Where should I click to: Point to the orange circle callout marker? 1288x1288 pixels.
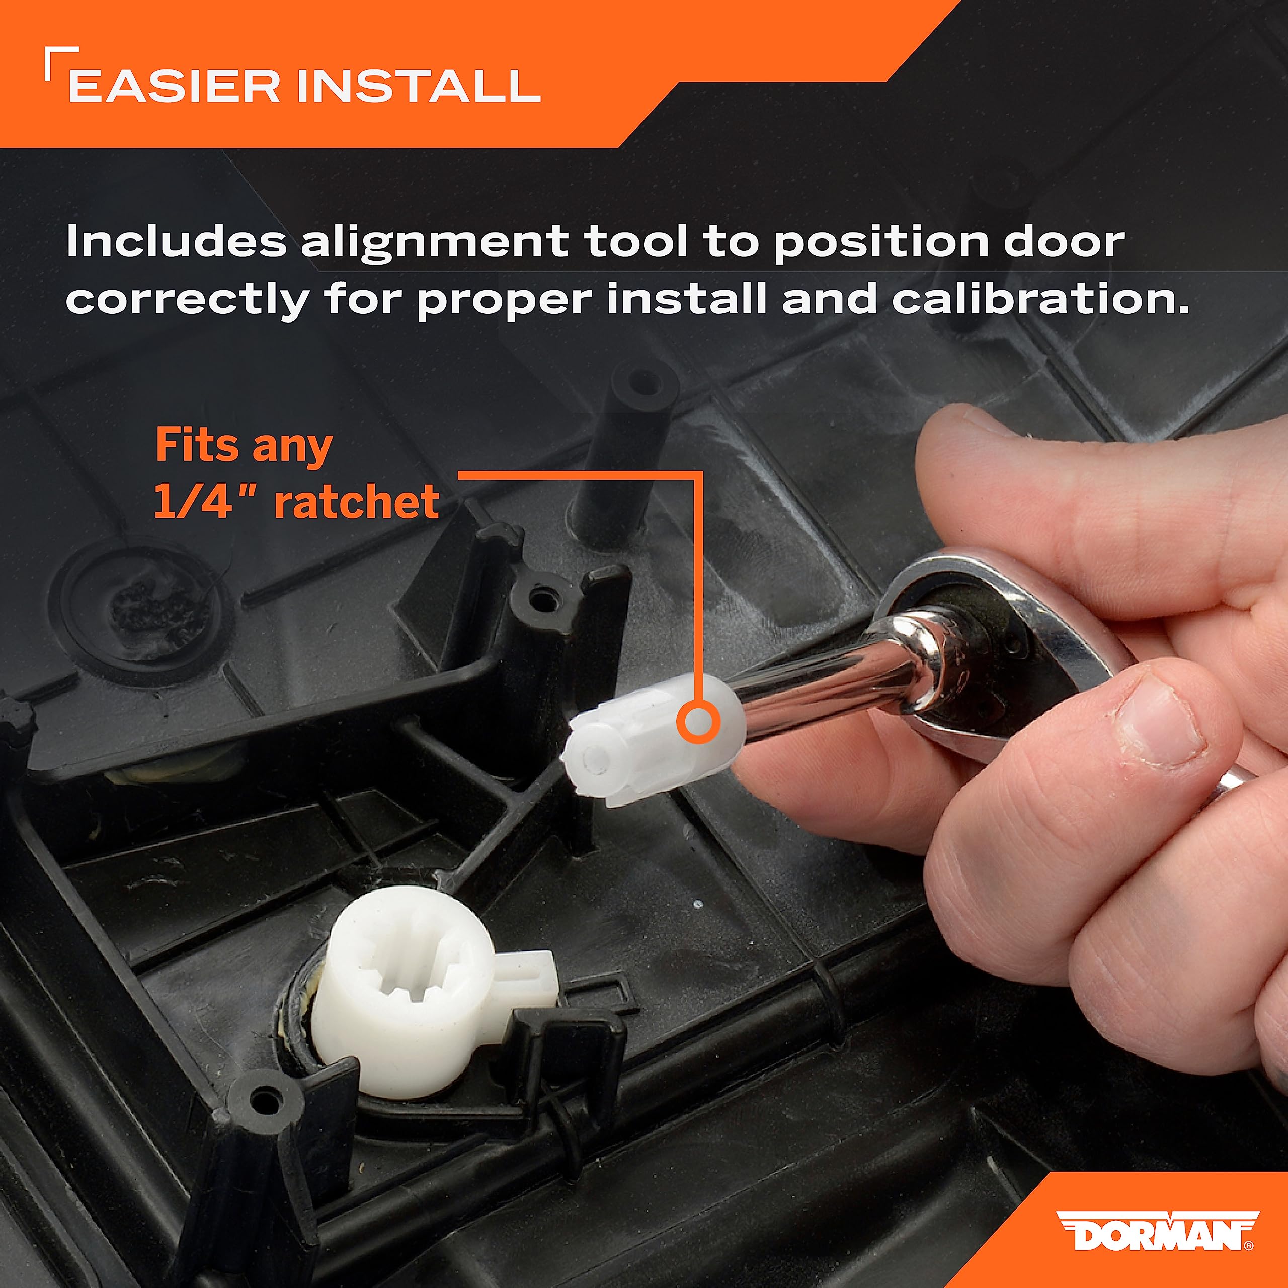pyautogui.click(x=697, y=722)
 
